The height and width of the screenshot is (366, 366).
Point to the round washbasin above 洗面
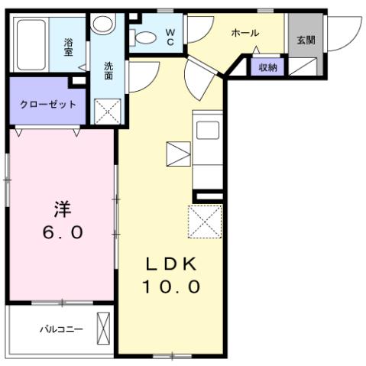pos(102,24)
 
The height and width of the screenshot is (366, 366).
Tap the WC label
pos(170,37)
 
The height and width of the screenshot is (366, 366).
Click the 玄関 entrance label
pos(306,40)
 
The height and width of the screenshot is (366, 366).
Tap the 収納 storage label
pos(267,67)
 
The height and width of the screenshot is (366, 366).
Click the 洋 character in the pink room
pos(62,207)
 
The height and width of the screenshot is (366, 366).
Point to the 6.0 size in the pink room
pos(62,232)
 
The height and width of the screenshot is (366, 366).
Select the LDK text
pos(173,264)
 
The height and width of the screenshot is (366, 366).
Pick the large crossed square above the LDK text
pos(204,222)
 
